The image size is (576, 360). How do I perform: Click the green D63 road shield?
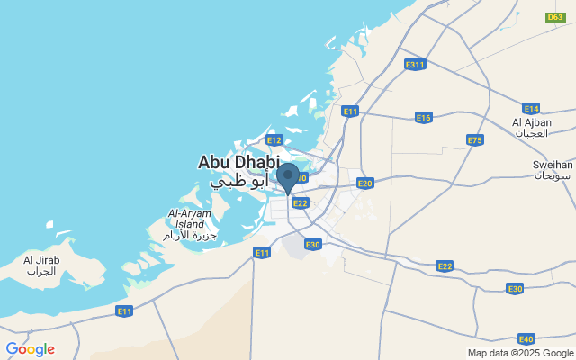click(x=555, y=16)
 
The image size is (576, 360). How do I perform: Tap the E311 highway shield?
click(x=415, y=65)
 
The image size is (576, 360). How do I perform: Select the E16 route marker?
click(x=424, y=118)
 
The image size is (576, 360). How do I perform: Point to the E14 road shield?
click(x=531, y=108)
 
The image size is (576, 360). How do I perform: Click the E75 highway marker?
click(x=475, y=139)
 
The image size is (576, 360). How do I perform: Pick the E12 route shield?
click(x=274, y=140)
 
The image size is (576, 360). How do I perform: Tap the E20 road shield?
click(x=364, y=184)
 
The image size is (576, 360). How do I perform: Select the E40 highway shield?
click(x=526, y=338)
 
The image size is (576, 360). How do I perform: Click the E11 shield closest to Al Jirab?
click(x=124, y=310)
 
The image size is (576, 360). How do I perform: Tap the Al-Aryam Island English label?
click(x=188, y=219)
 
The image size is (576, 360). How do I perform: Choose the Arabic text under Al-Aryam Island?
click(x=188, y=235)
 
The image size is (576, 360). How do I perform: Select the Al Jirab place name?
click(x=41, y=260)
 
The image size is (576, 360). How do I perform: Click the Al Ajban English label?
click(x=531, y=121)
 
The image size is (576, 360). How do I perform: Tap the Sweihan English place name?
click(x=553, y=165)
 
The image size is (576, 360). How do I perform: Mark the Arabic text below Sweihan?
click(x=553, y=175)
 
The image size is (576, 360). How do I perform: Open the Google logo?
click(x=30, y=349)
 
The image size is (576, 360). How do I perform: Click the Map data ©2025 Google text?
click(x=520, y=353)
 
